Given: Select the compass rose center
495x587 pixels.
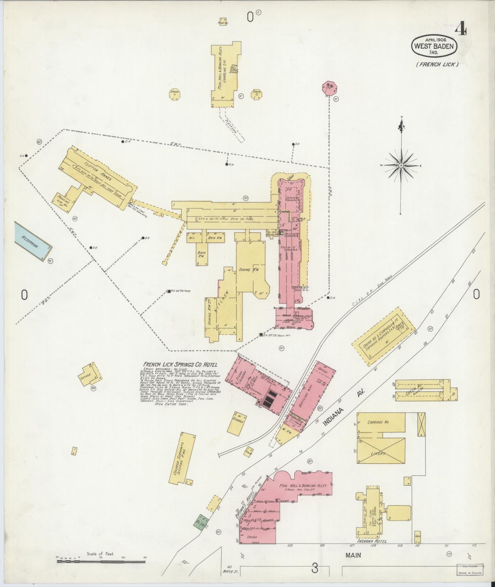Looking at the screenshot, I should (x=401, y=166).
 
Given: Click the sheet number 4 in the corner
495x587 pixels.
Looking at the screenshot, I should (x=461, y=30).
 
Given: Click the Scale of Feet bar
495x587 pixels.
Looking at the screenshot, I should (x=101, y=562).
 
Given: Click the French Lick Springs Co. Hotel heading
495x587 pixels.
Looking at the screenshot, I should (x=180, y=365).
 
